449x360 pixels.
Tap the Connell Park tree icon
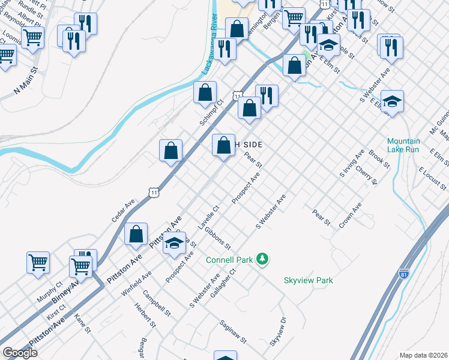(262, 259)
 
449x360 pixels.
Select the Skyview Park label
(308, 280)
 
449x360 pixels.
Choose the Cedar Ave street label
(122, 211)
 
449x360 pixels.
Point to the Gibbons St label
(217, 238)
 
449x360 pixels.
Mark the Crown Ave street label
(351, 214)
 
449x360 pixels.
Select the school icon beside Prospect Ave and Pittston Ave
(175, 243)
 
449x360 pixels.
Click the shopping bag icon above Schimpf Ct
(205, 92)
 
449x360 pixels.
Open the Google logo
(20, 353)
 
